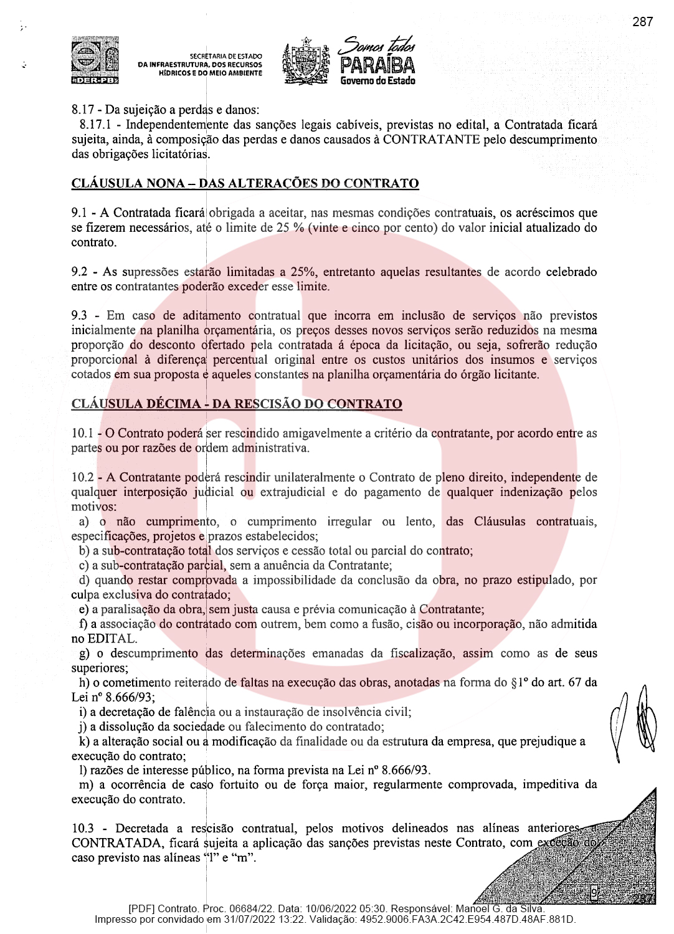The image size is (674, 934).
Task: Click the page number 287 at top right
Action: click(642, 22)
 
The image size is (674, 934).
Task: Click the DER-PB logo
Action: click(95, 60)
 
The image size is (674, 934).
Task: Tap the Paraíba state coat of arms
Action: click(306, 61)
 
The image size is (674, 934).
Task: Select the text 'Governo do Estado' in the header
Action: click(377, 80)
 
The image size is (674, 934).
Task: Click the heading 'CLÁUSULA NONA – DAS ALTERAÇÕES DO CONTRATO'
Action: click(245, 183)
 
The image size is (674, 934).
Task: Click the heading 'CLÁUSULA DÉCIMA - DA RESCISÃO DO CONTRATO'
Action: click(237, 404)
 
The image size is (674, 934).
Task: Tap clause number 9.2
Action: click(79, 272)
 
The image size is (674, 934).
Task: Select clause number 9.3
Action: click(79, 316)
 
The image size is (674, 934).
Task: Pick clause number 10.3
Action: click(82, 828)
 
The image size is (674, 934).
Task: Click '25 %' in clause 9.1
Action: click(290, 227)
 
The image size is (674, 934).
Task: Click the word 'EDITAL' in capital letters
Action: click(112, 639)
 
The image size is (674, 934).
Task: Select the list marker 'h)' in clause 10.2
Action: click(85, 682)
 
